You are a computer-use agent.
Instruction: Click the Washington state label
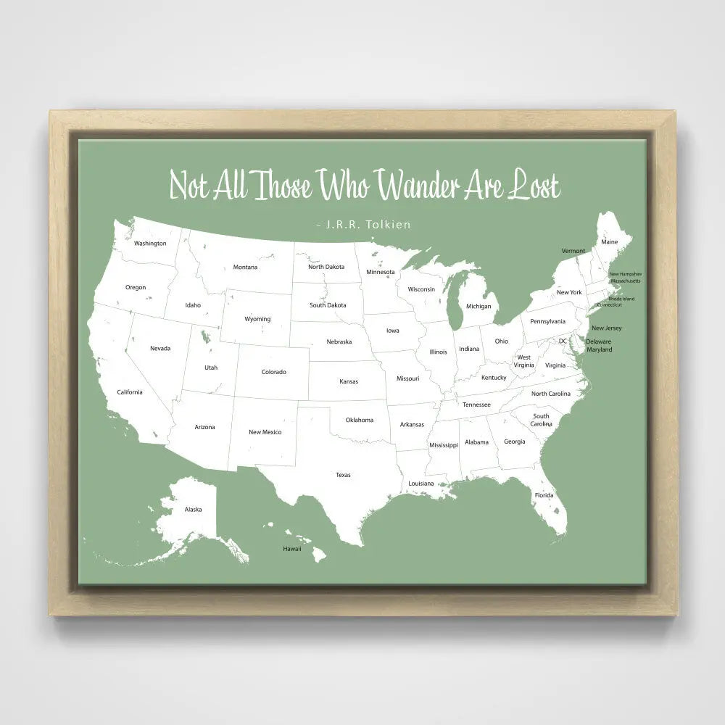point(150,244)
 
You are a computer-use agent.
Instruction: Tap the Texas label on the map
point(343,475)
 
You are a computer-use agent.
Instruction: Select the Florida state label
point(544,495)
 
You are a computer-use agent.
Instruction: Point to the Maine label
point(610,241)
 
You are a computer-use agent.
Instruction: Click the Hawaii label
point(291,549)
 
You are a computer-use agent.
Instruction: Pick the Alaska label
point(193,510)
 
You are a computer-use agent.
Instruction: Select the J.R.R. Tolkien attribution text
point(364,225)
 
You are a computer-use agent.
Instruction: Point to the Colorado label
point(274,372)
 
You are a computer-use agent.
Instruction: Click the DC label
point(563,341)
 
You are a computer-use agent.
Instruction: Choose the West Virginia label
point(523,361)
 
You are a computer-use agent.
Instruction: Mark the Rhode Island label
point(621,299)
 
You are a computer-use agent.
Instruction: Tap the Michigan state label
point(478,307)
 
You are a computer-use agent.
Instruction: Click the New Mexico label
point(265,432)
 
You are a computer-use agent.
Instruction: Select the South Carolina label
point(541,420)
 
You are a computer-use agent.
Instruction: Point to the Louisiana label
point(421,483)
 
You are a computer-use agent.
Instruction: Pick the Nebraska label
point(339,341)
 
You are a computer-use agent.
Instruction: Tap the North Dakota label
point(326,267)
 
